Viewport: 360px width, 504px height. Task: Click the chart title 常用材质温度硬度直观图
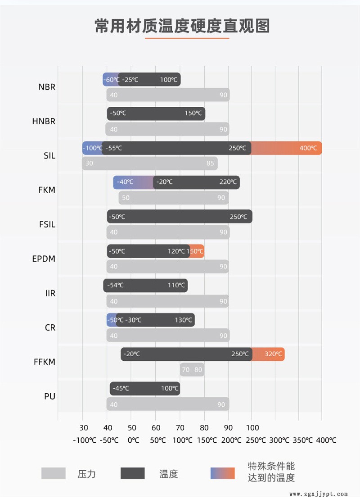[182, 26]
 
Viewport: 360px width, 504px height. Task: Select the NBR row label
[47, 87]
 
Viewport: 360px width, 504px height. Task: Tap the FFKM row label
[44, 362]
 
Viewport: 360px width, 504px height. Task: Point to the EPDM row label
[44, 259]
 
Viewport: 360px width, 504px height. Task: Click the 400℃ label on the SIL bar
[308, 148]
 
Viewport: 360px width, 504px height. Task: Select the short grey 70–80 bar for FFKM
[192, 370]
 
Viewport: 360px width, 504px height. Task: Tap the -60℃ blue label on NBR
[111, 80]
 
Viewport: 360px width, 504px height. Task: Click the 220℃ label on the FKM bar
[228, 182]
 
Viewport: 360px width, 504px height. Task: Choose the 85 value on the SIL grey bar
[210, 163]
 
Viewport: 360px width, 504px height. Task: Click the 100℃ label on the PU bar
[170, 388]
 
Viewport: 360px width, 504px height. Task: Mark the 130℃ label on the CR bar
[184, 320]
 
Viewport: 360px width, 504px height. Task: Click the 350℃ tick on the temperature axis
[301, 440]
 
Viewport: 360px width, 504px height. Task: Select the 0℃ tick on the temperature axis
[133, 440]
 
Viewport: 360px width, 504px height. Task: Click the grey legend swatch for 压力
[54, 473]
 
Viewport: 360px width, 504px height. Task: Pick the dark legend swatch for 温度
[133, 473]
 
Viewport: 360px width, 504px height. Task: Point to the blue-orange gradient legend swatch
[223, 473]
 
